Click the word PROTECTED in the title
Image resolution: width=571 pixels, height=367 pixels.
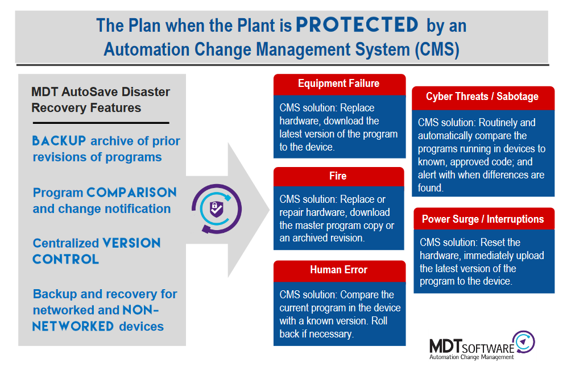coord(357,25)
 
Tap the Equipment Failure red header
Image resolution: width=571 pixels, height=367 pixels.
coord(339,84)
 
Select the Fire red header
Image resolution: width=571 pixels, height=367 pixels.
coord(338,177)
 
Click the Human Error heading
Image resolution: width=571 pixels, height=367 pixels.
coord(338,269)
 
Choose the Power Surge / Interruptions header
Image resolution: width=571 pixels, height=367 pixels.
coord(483,219)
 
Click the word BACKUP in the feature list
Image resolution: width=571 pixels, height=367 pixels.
coord(59,141)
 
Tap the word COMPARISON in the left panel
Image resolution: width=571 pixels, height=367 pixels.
coord(131,193)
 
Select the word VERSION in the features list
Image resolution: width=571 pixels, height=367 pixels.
coord(131,243)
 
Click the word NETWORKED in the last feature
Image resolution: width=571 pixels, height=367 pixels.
coord(73,326)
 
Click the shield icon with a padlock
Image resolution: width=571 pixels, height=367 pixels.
coord(216,209)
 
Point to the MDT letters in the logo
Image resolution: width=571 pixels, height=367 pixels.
coord(446,346)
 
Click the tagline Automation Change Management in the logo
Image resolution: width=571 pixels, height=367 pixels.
coord(471,357)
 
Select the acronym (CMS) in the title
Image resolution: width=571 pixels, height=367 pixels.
coord(437,49)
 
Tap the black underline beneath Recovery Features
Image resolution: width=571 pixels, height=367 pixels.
coord(101,123)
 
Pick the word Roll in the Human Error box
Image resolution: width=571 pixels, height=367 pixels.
coord(379,321)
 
